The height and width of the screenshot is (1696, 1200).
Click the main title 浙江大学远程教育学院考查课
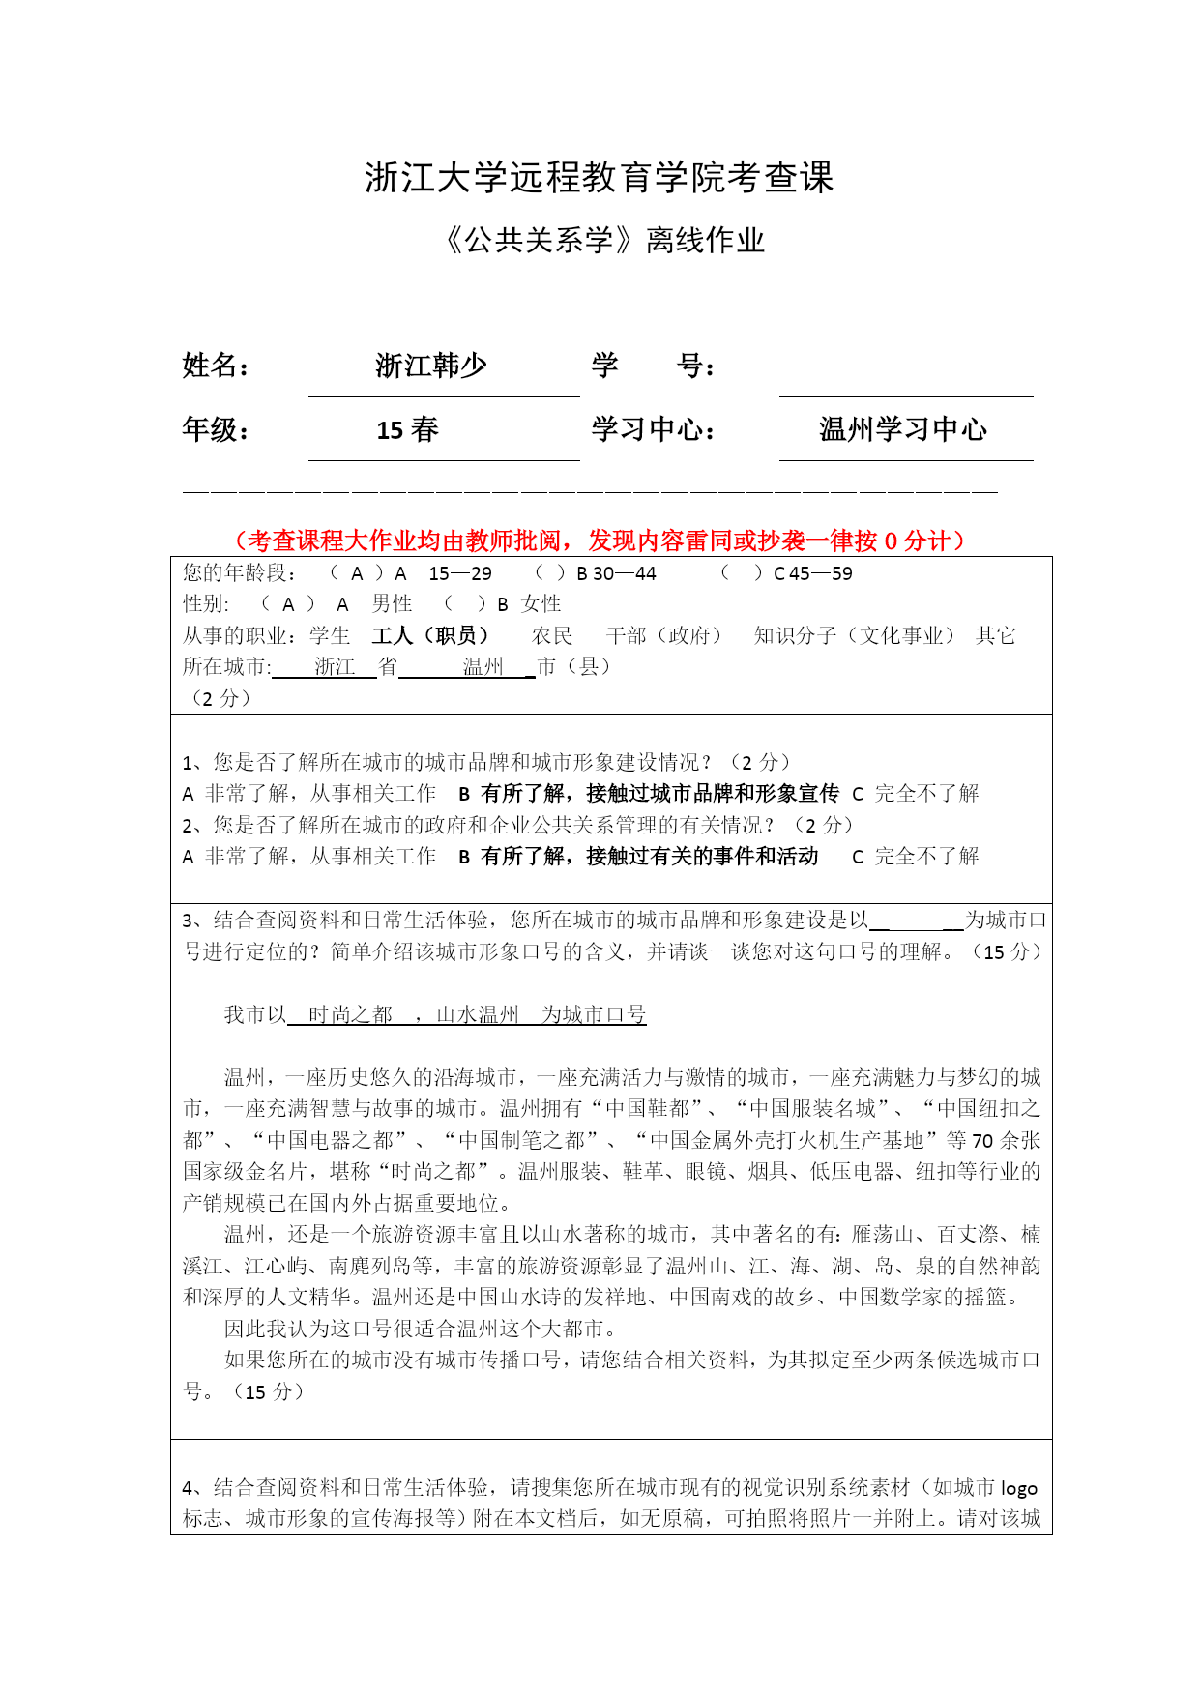click(x=599, y=177)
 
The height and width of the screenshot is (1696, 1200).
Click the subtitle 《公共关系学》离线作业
click(x=603, y=240)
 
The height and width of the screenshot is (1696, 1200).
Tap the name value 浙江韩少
click(x=431, y=366)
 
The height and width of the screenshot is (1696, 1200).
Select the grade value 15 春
click(x=407, y=429)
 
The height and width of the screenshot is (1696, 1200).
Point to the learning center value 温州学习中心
click(x=902, y=429)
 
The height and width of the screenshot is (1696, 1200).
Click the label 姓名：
click(x=217, y=366)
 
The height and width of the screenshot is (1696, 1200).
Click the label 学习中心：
click(x=655, y=429)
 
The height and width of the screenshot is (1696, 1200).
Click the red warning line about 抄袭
click(x=600, y=541)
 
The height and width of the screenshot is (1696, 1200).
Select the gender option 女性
click(x=541, y=604)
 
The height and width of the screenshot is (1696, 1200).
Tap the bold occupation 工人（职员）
click(x=430, y=635)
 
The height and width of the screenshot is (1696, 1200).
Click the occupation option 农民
click(x=552, y=635)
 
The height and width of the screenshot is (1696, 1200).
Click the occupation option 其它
click(x=995, y=635)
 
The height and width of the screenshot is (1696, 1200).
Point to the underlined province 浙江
click(x=335, y=667)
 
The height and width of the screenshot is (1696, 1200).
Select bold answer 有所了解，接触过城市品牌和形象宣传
click(x=659, y=794)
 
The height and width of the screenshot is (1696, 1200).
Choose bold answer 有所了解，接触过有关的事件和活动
click(x=649, y=857)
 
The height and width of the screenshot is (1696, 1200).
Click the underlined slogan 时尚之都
click(x=350, y=1014)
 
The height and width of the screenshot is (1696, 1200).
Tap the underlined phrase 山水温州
click(x=478, y=1014)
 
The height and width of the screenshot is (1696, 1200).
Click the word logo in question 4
click(x=1018, y=1488)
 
